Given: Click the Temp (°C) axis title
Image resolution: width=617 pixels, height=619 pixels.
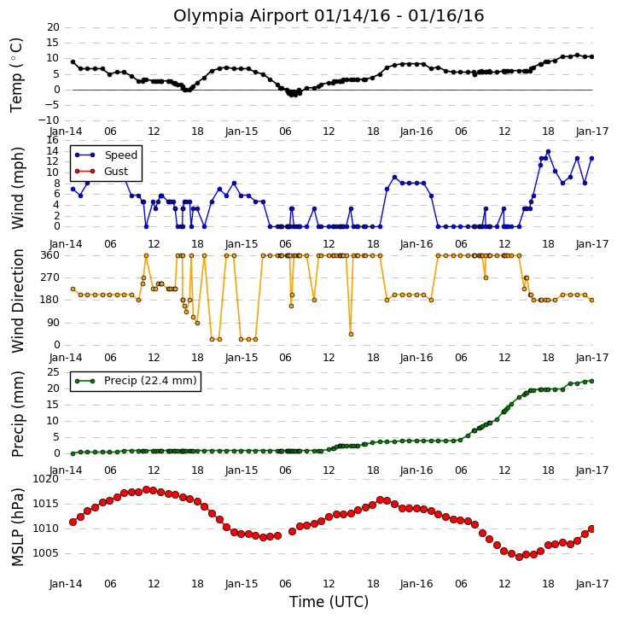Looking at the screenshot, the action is tap(16, 75).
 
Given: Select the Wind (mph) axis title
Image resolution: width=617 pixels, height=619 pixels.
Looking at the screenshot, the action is tap(17, 188).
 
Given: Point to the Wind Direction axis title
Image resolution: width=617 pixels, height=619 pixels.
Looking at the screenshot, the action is tap(17, 301).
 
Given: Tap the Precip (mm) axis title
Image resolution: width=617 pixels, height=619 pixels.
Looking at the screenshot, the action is tap(17, 414).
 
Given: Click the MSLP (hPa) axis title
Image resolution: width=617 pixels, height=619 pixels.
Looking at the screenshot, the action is tap(17, 528).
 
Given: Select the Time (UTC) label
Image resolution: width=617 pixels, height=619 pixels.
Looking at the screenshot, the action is tap(329, 602).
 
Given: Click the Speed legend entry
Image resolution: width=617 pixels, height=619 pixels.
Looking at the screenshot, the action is tap(120, 155).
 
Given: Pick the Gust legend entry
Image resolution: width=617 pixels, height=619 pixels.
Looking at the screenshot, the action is tap(116, 172).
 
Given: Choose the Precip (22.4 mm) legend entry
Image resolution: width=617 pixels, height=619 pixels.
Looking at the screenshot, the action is tap(150, 381).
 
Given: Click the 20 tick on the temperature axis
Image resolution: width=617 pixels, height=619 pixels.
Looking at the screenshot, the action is tap(53, 27).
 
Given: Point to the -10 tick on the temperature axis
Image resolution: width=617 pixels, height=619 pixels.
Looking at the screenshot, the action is tap(49, 120).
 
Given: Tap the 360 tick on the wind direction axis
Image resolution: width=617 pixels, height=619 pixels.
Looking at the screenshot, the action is tap(50, 255).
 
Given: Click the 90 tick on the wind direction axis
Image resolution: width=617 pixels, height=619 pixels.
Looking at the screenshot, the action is tap(53, 323).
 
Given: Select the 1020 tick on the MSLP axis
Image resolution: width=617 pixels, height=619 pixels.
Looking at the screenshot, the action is tap(46, 479).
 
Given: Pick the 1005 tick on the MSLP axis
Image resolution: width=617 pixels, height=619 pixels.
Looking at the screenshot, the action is tap(46, 553).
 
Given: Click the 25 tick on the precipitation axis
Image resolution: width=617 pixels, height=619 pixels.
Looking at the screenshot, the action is tap(53, 372).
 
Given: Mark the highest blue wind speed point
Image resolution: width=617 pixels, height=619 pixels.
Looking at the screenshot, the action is tap(548, 152).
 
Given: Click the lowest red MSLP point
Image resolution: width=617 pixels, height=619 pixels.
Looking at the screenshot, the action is tap(519, 557).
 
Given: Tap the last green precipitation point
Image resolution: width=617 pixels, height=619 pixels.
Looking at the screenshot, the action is tap(591, 382).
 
